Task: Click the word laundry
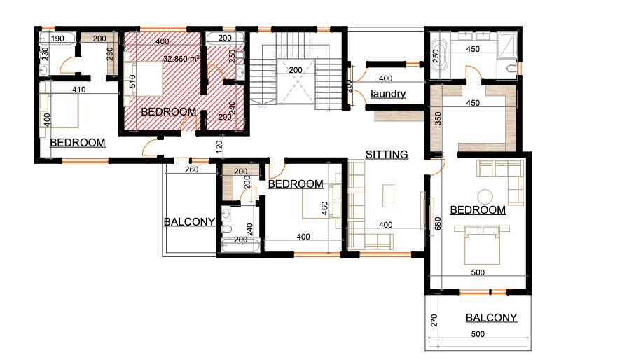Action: coord(388,94)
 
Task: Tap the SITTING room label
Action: coord(387,155)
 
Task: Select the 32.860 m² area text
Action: coord(181,59)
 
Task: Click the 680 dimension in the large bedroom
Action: coord(438,224)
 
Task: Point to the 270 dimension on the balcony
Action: coord(434,321)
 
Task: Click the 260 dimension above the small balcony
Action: coord(191,169)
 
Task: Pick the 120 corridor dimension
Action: coord(219,147)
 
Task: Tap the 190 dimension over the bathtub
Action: coord(57,39)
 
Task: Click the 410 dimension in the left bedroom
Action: coord(78,90)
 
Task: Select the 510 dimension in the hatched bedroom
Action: coord(132,81)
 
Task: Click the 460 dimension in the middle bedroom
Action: coord(324,209)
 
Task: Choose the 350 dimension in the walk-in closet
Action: coord(438,118)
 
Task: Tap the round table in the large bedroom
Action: coord(485,197)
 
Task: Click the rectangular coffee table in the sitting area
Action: coord(389,196)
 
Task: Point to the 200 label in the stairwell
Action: coord(296,70)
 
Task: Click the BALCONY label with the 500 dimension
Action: coord(491,317)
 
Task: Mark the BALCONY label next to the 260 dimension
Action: coord(189,222)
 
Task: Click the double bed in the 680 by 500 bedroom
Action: coord(482,245)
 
